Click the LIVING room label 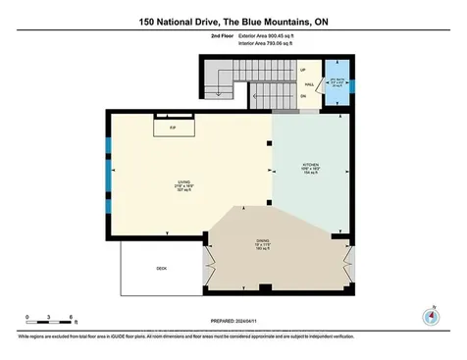click(x=182, y=180)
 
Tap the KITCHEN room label click(x=310, y=168)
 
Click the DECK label click(x=162, y=268)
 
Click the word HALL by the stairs click(x=307, y=84)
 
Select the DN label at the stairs click(x=302, y=97)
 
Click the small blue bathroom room click(x=337, y=82)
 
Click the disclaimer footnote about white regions click(x=233, y=336)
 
